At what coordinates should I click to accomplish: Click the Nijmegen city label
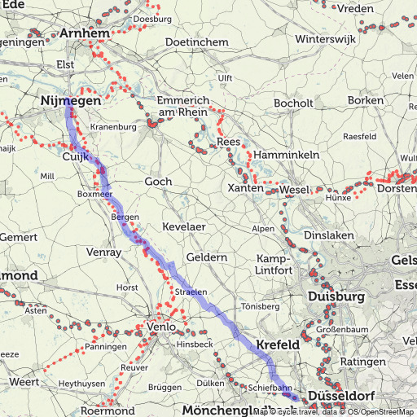pyautogui.click(x=69, y=101)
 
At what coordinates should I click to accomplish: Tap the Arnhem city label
pyautogui.click(x=85, y=33)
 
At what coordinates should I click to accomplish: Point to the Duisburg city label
pyautogui.click(x=336, y=297)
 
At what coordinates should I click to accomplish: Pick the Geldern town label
pyautogui.click(x=207, y=257)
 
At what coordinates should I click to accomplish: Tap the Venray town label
pyautogui.click(x=102, y=252)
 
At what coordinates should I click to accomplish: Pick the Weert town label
pyautogui.click(x=24, y=382)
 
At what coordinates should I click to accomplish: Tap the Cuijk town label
pyautogui.click(x=76, y=155)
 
